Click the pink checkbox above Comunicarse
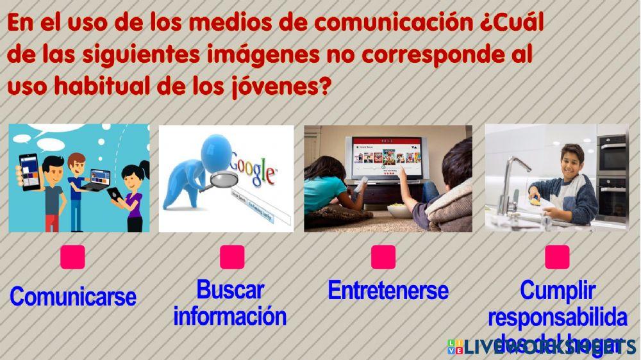click(72, 257)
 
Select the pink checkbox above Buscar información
click(232, 257)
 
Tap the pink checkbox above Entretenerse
click(383, 257)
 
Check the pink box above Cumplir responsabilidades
click(557, 257)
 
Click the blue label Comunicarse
click(73, 297)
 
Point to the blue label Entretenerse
click(388, 290)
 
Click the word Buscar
click(229, 290)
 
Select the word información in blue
click(229, 316)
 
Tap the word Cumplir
click(557, 290)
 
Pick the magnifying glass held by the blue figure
click(217, 181)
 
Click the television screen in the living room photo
click(383, 156)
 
